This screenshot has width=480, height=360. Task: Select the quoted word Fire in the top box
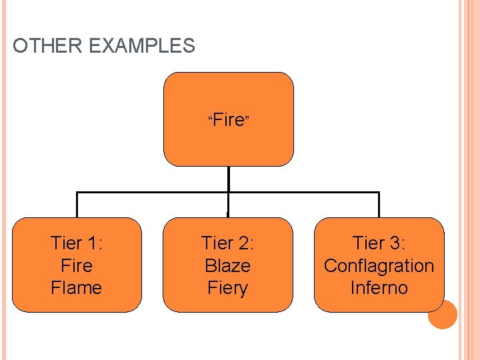coord(229,121)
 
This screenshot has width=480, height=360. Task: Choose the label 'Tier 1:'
coord(77,243)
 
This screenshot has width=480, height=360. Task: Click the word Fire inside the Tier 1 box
coord(77,265)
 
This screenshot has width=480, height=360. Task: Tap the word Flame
coord(77,288)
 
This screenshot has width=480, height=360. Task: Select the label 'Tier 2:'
coord(228,243)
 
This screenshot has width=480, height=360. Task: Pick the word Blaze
coord(228,265)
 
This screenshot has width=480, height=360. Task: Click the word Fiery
coord(228,288)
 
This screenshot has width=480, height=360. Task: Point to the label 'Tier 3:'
coord(379,243)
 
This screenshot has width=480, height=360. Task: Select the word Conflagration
coord(379,265)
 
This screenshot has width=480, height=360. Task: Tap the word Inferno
coord(379,288)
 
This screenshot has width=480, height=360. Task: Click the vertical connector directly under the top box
coord(228,179)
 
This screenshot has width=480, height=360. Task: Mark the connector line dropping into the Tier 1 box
coord(77,205)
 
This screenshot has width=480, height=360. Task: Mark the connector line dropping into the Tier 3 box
coord(379,205)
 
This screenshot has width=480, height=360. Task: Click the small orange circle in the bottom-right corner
coord(442,314)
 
